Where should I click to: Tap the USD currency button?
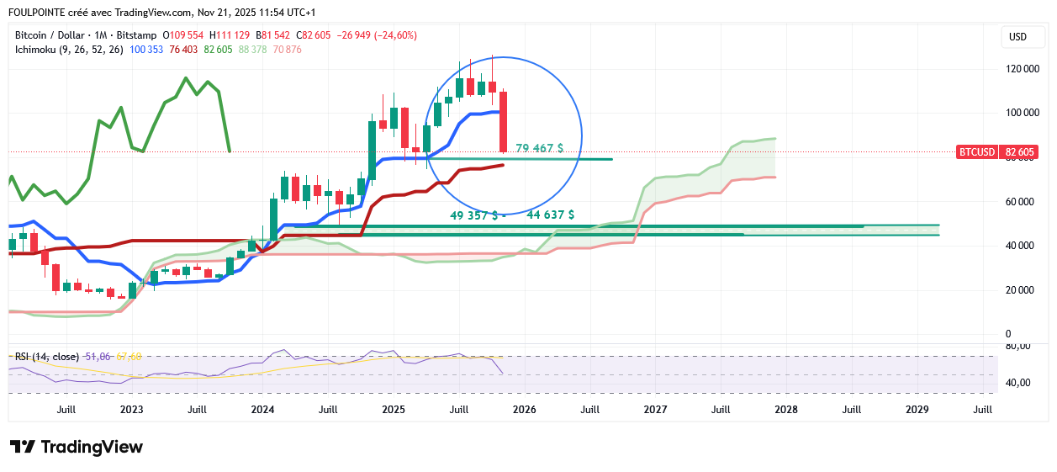tap(1017, 37)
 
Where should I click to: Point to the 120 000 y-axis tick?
tap(1020, 69)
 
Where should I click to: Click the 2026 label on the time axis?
tap(524, 410)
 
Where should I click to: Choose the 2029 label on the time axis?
tap(917, 410)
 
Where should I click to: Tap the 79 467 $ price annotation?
tap(539, 148)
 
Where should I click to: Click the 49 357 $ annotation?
tap(473, 215)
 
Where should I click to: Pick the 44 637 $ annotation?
tap(550, 215)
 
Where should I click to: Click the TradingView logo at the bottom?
tap(77, 448)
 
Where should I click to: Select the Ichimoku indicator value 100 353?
tap(146, 50)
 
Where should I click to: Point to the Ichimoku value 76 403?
tap(183, 50)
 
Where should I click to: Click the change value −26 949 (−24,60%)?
tap(376, 35)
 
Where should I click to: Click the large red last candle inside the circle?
tap(503, 121)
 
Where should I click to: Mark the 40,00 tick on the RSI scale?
tap(1018, 383)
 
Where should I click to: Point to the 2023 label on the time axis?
tap(131, 410)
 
